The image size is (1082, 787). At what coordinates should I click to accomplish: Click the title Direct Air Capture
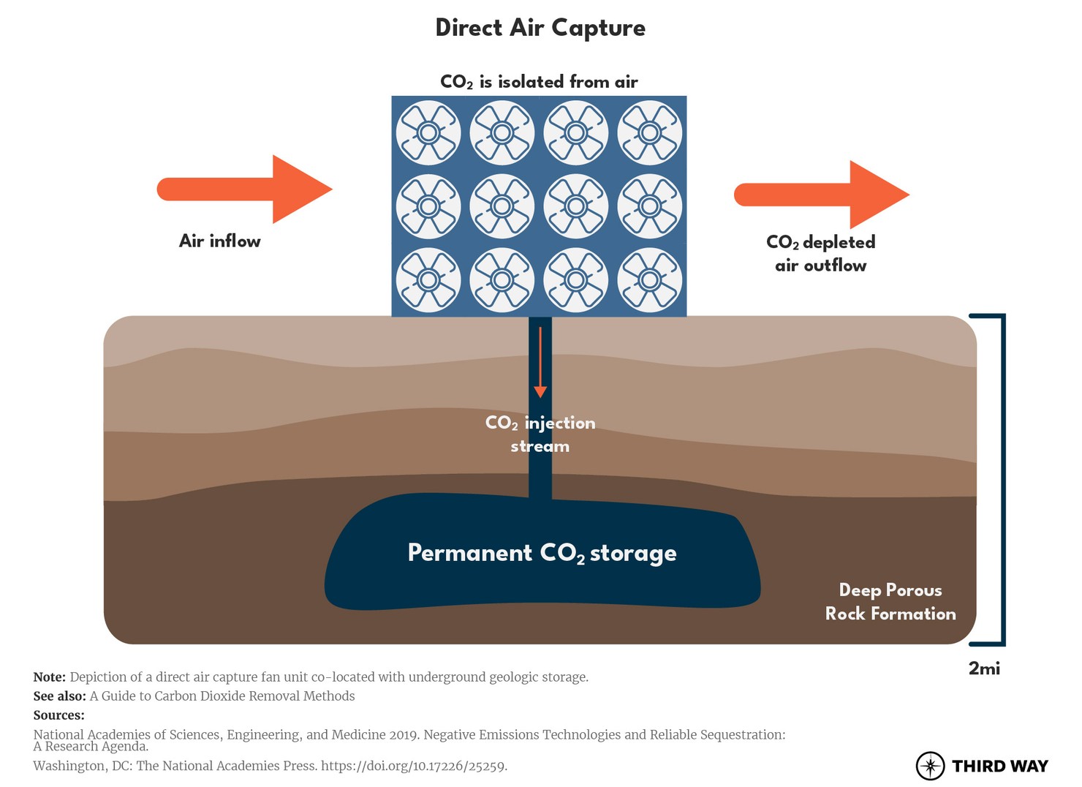540,28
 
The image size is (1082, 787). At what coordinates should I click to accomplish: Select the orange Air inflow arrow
244,189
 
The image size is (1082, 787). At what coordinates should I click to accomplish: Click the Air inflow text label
219,241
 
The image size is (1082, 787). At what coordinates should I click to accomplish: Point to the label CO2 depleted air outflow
820,253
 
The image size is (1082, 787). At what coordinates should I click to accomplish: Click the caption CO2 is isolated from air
539,82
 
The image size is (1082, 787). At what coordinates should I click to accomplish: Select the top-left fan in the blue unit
428,132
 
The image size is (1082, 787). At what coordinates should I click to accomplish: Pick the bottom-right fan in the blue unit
649,280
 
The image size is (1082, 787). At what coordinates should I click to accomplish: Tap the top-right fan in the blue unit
649,132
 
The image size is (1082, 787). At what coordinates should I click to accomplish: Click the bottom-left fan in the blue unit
428,280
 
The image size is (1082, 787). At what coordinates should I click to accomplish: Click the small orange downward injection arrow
540,362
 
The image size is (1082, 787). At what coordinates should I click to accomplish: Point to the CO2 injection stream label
540,434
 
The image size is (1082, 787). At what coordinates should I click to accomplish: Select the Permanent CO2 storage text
542,553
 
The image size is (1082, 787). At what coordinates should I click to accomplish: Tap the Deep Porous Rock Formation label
890,602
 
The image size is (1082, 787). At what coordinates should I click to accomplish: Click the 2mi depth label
984,669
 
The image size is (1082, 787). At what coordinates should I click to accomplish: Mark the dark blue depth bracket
1002,480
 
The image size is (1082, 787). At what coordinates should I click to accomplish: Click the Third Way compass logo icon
930,766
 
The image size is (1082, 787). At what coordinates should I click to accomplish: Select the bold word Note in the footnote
49,677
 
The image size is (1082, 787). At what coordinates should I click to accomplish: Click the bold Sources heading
58,715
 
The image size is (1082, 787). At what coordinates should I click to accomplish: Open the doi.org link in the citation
413,766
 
